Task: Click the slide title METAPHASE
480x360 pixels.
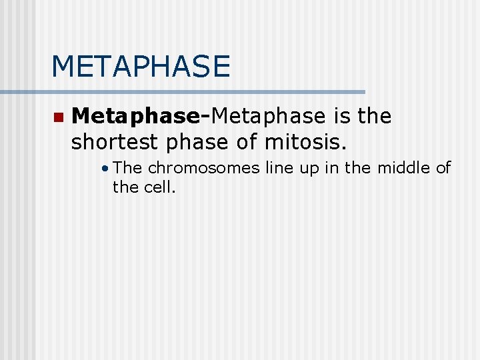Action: point(141,67)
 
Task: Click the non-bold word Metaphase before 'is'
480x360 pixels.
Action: point(268,117)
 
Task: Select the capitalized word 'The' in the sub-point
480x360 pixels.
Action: point(128,168)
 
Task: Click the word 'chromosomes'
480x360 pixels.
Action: point(203,168)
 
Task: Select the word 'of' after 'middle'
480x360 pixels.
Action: point(444,168)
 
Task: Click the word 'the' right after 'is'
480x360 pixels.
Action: point(375,117)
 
